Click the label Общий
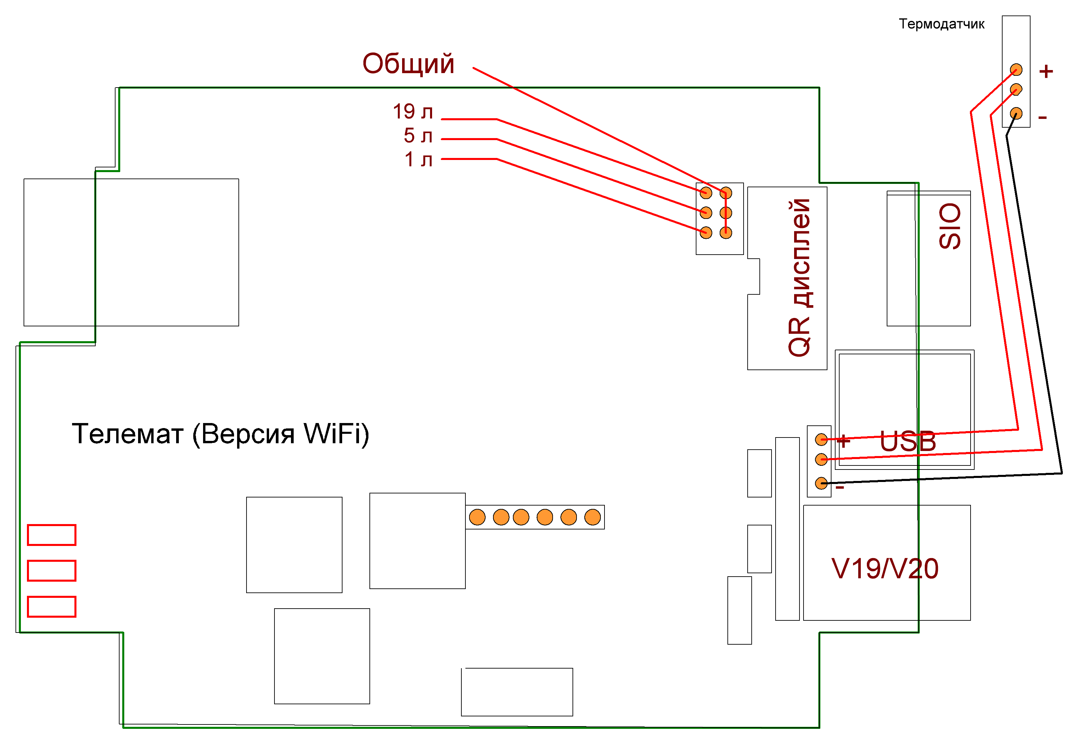pos(408,64)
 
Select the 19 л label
pos(413,111)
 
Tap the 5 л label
pos(418,136)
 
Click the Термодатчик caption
pos(942,24)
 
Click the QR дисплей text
pos(799,278)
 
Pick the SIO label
pos(949,226)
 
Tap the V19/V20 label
pos(885,569)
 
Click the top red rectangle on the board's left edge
pos(52,535)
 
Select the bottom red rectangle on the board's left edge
pos(52,607)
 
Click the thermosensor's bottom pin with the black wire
pos(1016,113)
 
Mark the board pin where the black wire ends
pos(821,483)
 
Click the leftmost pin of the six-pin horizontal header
pos(477,517)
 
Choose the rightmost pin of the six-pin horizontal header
pos(592,517)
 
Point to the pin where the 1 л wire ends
pos(706,232)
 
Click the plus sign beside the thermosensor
pos(1046,71)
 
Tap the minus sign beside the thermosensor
pos(1043,118)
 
